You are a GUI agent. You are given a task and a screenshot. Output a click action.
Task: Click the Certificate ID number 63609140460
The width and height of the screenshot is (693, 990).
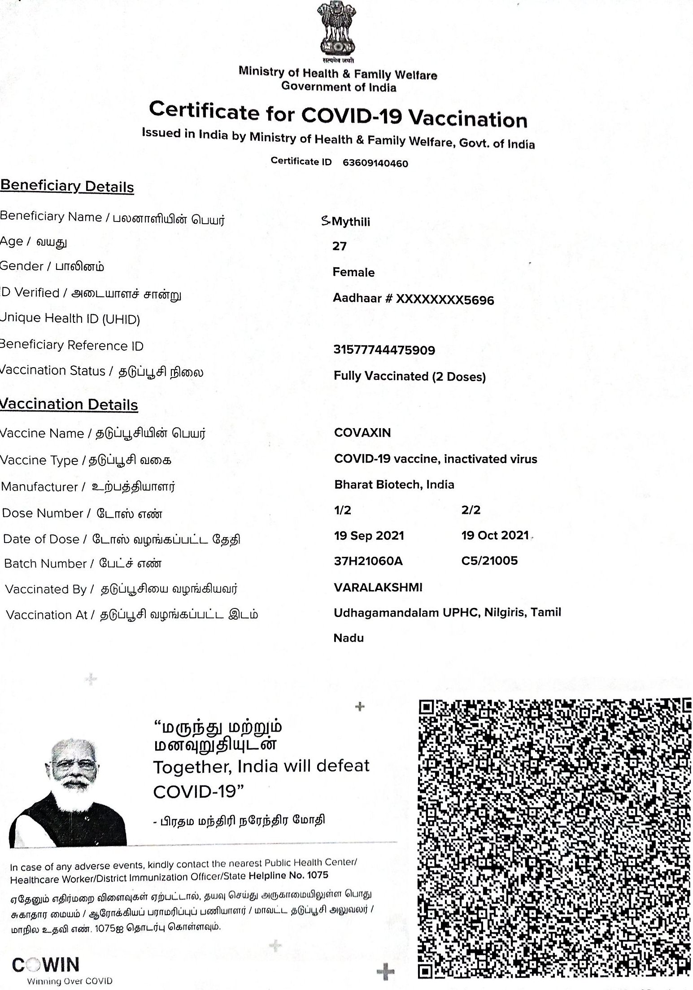[x=375, y=163]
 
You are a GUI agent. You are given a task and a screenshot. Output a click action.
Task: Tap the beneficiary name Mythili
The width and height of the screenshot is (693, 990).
[x=350, y=222]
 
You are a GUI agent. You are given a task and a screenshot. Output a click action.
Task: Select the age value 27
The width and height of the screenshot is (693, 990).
[x=340, y=246]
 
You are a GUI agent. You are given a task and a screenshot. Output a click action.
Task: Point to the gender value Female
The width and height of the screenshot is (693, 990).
[x=353, y=272]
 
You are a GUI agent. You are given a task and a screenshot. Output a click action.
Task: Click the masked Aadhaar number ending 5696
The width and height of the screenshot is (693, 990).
[x=413, y=300]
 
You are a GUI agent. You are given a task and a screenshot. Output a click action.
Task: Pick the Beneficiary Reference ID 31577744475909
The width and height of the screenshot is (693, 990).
[x=384, y=350]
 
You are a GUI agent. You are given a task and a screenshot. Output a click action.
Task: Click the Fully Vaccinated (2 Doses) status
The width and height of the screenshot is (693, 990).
[x=410, y=376]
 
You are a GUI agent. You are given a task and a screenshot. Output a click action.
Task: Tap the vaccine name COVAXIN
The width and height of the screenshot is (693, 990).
[x=362, y=433]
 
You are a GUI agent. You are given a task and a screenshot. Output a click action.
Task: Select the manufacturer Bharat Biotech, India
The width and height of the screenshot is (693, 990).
[x=394, y=485]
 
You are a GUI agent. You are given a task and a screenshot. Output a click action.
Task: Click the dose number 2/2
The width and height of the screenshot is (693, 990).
[x=471, y=510]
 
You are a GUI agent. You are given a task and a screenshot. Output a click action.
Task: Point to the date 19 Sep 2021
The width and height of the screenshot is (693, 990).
[x=369, y=536]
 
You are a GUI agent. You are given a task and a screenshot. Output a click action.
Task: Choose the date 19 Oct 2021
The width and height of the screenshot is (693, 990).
[x=495, y=535]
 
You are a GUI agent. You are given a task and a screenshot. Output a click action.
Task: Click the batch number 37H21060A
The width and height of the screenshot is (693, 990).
[x=368, y=561]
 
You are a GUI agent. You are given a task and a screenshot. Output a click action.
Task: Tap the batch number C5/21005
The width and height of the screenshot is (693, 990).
[x=489, y=560]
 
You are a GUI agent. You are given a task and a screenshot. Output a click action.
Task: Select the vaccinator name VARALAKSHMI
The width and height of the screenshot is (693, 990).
[x=378, y=587]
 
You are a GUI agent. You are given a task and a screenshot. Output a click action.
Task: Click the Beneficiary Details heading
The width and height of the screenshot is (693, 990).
[x=67, y=186]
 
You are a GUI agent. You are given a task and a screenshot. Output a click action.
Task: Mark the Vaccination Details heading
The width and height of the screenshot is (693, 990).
[x=69, y=404]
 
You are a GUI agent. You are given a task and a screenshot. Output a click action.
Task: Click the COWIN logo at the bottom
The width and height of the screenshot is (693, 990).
[x=46, y=964]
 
